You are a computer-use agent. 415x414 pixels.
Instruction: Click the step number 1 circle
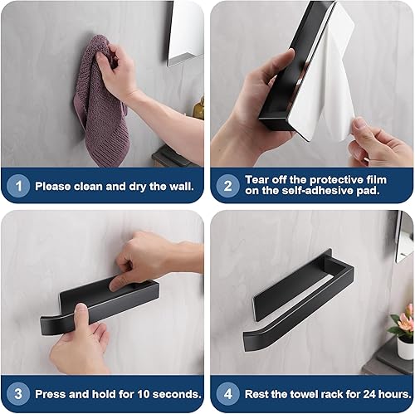[18, 186]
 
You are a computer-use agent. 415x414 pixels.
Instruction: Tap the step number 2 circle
[227, 186]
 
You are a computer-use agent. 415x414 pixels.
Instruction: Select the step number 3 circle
[18, 394]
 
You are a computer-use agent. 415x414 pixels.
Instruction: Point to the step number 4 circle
[227, 394]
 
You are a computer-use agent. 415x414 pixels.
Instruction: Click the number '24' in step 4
[369, 394]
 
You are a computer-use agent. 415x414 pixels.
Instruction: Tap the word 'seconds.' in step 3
[177, 394]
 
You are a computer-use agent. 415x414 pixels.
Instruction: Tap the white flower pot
[406, 348]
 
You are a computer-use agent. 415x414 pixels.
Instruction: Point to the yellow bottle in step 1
[199, 109]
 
